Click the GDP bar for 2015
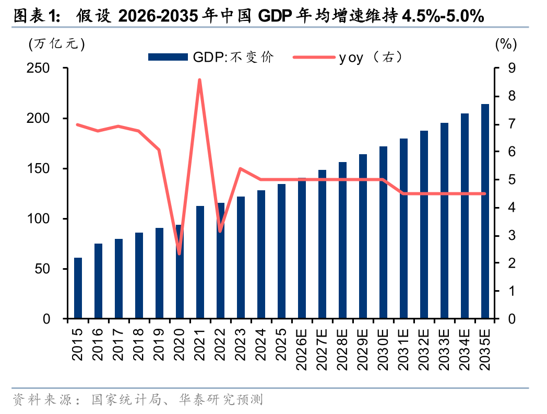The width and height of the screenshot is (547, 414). click(78, 288)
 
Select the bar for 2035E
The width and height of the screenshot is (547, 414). click(485, 211)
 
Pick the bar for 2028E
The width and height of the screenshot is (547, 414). click(342, 240)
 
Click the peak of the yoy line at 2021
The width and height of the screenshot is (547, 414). click(200, 80)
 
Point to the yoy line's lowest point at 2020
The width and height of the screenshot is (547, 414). click(180, 254)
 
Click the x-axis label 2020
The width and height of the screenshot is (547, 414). click(180, 345)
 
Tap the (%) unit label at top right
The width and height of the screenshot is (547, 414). click(505, 44)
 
